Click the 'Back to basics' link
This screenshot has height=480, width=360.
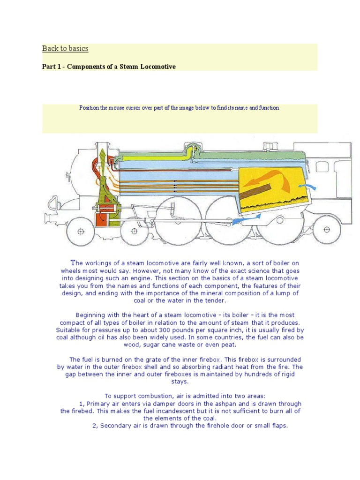tap(65, 49)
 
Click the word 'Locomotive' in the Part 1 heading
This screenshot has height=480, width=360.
tap(159, 67)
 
